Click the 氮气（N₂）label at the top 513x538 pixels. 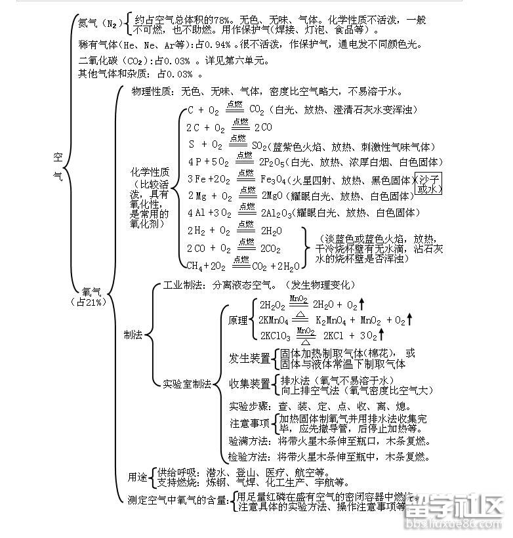[98, 24]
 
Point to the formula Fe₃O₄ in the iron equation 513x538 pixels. [276, 179]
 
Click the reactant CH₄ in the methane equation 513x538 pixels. [195, 266]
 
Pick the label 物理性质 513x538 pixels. [153, 92]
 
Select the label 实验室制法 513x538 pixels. [187, 384]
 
